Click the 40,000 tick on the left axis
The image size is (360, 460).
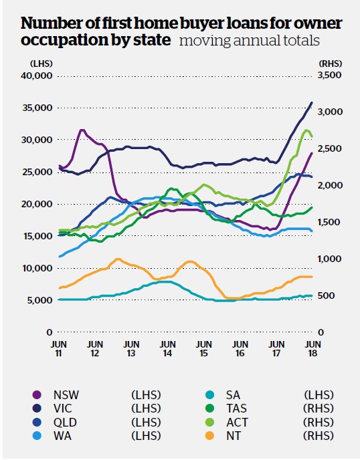pyautogui.click(x=37, y=76)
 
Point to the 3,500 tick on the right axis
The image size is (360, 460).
pyautogui.click(x=330, y=75)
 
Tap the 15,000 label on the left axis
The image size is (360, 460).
pyautogui.click(x=37, y=236)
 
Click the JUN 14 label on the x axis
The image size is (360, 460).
pyautogui.click(x=167, y=348)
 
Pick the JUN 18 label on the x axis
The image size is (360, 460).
pyautogui.click(x=313, y=348)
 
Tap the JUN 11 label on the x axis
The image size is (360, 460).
pyautogui.click(x=59, y=348)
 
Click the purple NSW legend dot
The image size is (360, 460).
pyautogui.click(x=37, y=395)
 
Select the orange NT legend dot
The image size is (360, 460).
pyautogui.click(x=209, y=436)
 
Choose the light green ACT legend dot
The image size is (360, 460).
pyautogui.click(x=209, y=423)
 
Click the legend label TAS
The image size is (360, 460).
pyautogui.click(x=236, y=409)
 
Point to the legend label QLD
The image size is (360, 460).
pyautogui.click(x=65, y=423)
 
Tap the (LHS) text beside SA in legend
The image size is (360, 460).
pyautogui.click(x=319, y=395)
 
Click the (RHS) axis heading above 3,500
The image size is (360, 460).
pyautogui.click(x=330, y=64)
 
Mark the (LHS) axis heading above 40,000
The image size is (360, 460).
pyautogui.click(x=41, y=64)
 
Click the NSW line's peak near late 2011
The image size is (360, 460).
pyautogui.click(x=82, y=130)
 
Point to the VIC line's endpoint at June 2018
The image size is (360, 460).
pyautogui.click(x=312, y=102)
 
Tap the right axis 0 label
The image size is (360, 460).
pyautogui.click(x=321, y=332)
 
